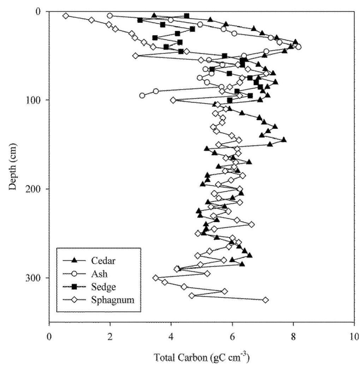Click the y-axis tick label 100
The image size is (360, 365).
(35, 100)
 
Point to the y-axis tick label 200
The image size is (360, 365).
(35, 189)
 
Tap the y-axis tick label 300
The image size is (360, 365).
(35, 278)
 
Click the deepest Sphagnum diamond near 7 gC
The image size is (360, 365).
(265, 300)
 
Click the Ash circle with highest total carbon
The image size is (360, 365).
(299, 47)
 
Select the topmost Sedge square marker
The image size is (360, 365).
(186, 16)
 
